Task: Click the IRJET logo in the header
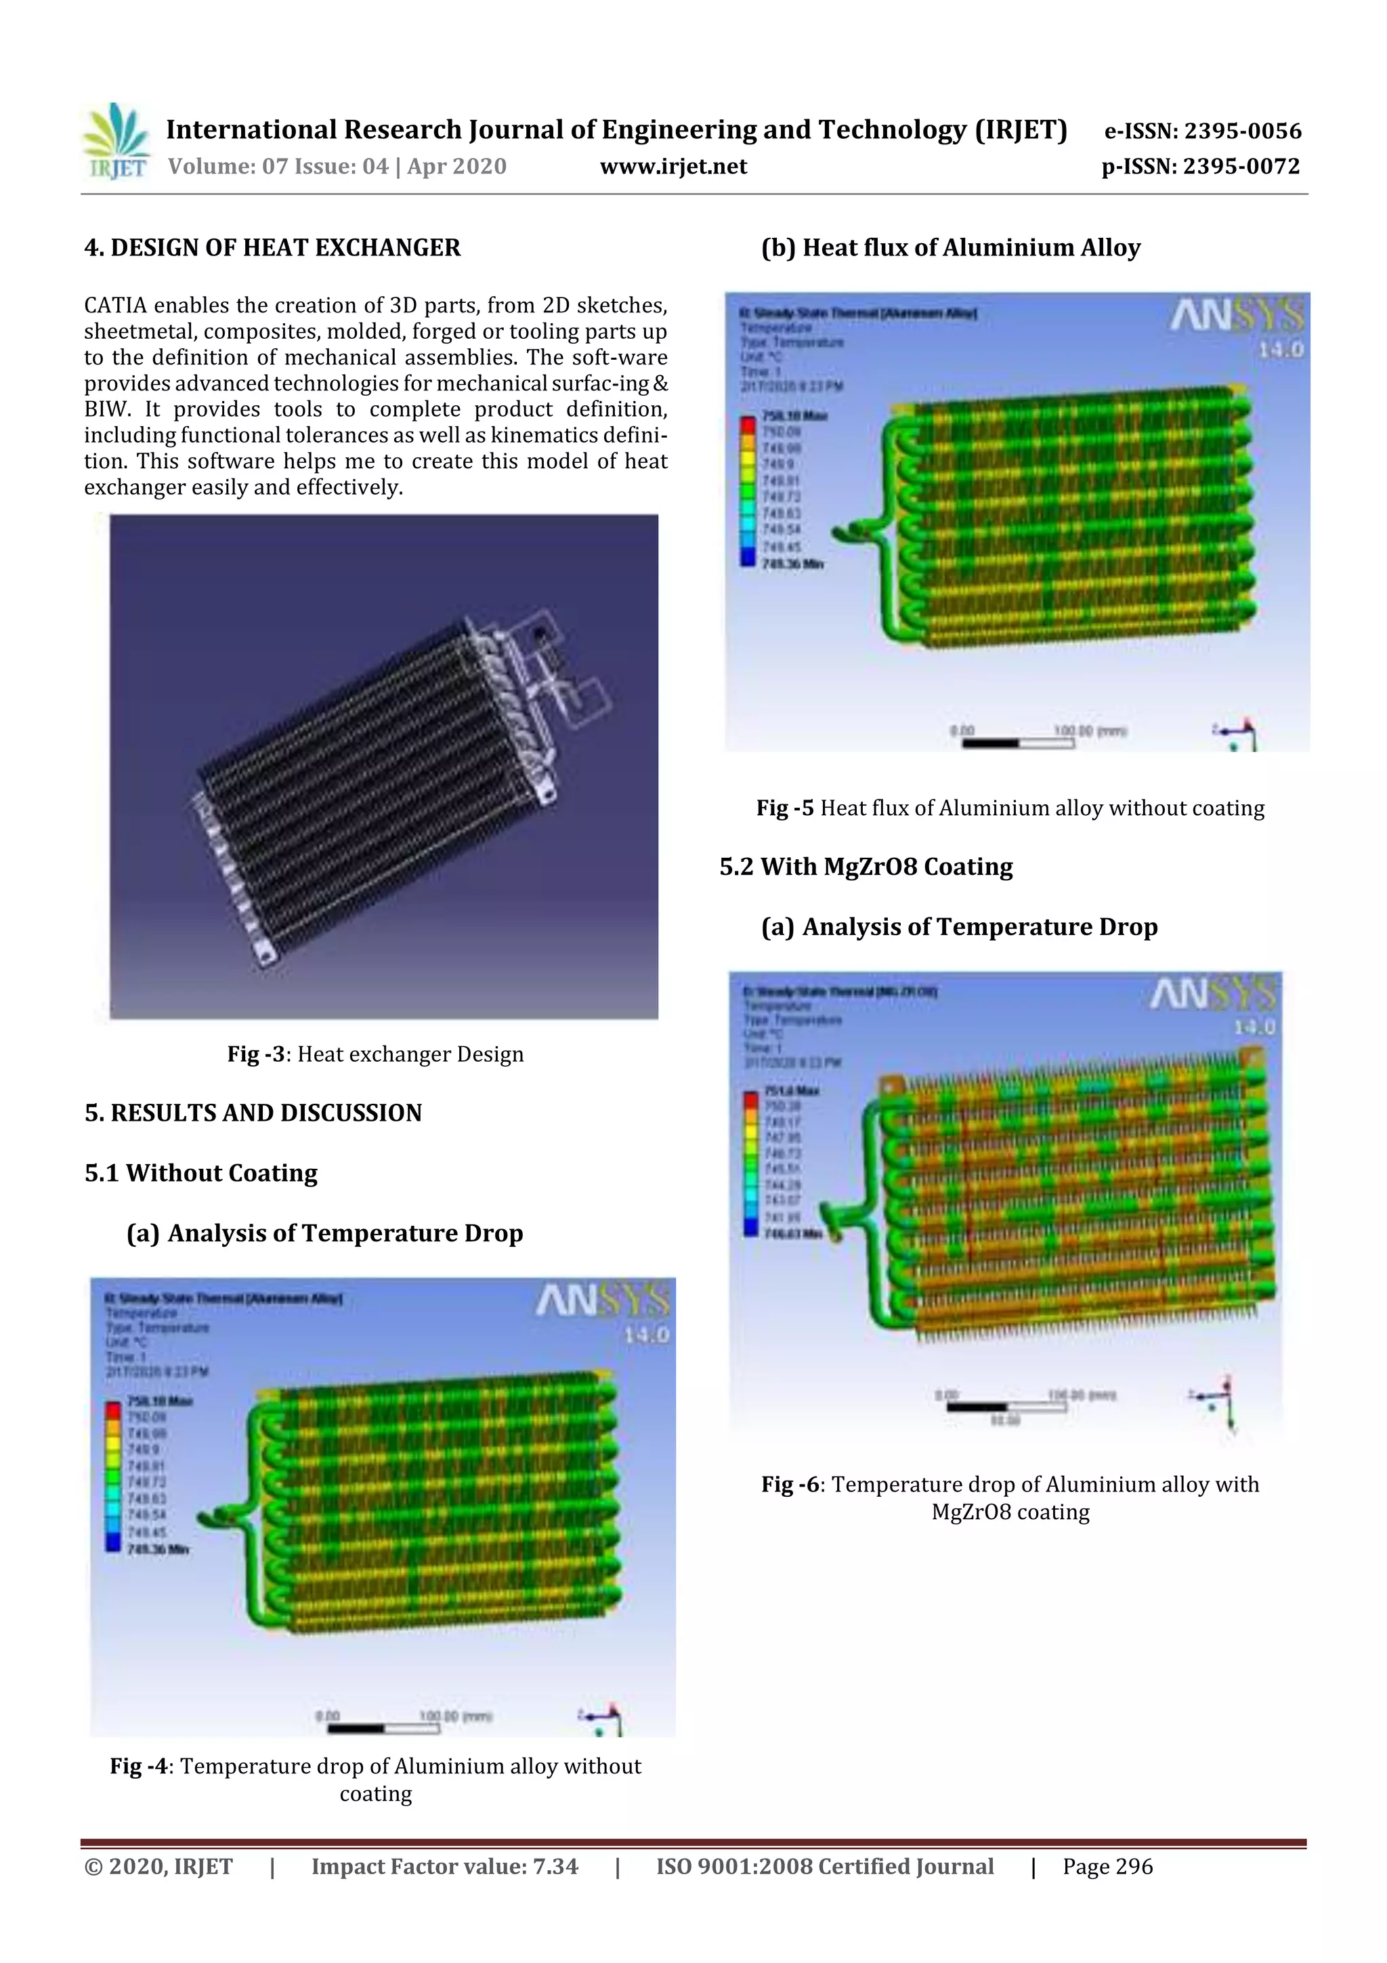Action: click(x=117, y=141)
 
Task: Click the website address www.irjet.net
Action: click(x=673, y=167)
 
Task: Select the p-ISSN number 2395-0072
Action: click(x=1241, y=167)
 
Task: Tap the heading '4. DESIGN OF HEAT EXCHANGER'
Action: click(x=272, y=248)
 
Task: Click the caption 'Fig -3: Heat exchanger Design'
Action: click(x=375, y=1054)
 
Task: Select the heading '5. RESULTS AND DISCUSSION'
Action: click(x=253, y=1113)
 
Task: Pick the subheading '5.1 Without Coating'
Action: click(x=201, y=1173)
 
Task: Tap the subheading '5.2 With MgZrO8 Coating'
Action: click(x=866, y=867)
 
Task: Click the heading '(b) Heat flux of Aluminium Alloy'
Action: click(x=950, y=248)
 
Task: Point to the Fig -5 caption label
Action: click(x=784, y=808)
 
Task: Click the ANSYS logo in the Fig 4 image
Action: click(x=603, y=1302)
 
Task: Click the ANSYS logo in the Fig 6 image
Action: click(x=1214, y=994)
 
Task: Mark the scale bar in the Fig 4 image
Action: click(x=383, y=1728)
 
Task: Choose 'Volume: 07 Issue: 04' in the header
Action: click(x=278, y=167)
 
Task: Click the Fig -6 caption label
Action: click(x=791, y=1484)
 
